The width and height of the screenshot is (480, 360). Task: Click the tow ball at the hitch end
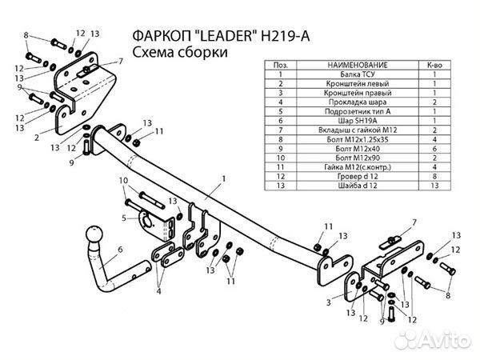click(x=94, y=238)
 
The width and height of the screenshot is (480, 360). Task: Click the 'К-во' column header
click(x=434, y=64)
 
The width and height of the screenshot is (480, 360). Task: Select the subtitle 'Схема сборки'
click(x=178, y=53)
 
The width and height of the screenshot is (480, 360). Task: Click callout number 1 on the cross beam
click(x=225, y=177)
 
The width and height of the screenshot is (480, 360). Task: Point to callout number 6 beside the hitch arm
click(x=122, y=250)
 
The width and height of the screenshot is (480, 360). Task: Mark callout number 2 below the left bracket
click(x=38, y=138)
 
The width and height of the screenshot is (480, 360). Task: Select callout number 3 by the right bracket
click(x=329, y=303)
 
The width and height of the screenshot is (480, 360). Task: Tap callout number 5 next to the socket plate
click(x=125, y=218)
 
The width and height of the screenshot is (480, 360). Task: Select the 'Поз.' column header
click(x=280, y=64)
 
